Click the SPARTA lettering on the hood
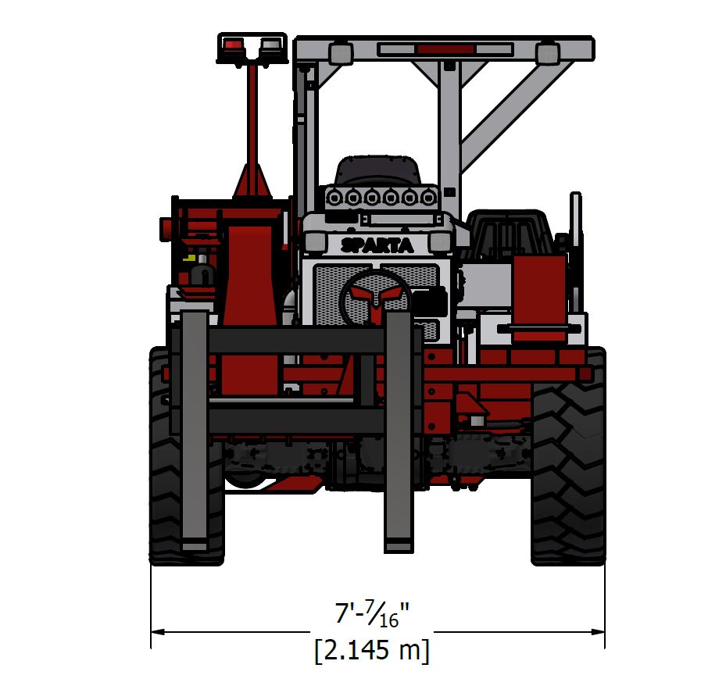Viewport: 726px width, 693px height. pos(377,245)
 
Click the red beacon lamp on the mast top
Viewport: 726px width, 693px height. pos(233,45)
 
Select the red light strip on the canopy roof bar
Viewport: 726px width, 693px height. pos(445,49)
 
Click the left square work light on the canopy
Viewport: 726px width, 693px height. pos(340,52)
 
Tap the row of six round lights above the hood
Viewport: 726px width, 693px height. pos(381,198)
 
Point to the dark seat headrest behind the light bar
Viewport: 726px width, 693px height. pos(377,170)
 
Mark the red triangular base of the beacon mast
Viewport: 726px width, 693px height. pos(252,183)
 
